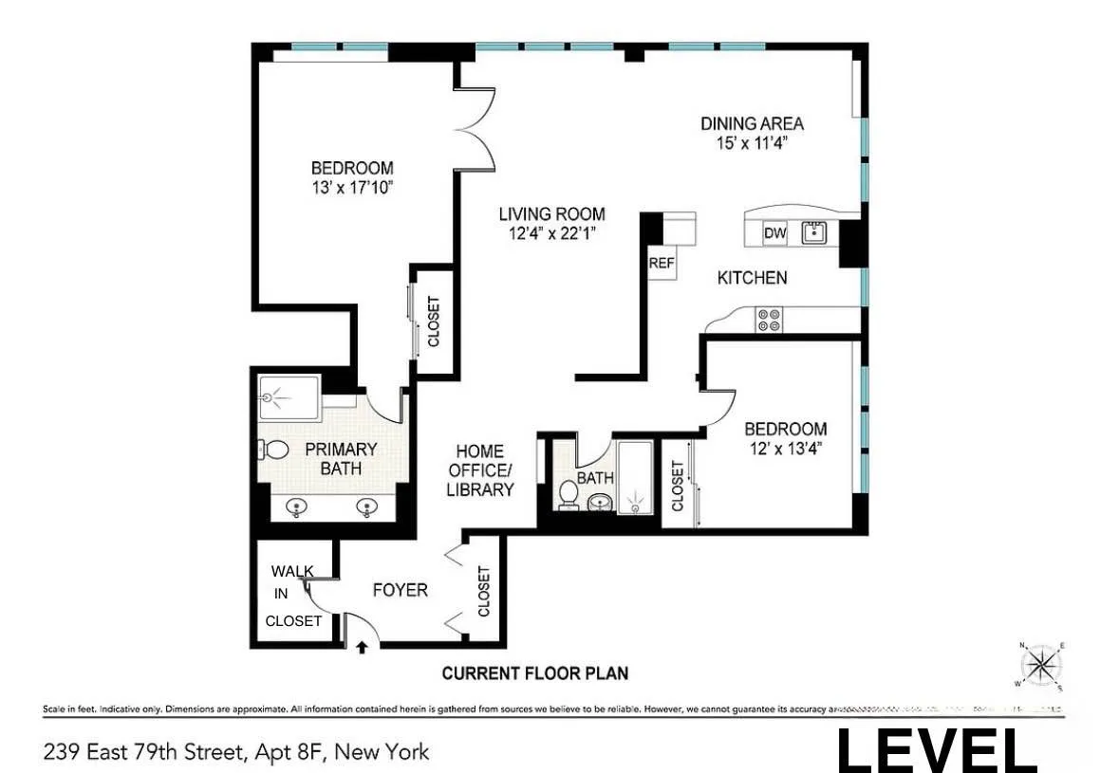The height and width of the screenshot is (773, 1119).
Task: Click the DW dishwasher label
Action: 774,232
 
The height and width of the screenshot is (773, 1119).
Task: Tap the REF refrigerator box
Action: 661,264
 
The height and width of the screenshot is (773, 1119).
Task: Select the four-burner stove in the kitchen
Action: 768,320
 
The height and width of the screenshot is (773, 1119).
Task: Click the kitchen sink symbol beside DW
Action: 813,231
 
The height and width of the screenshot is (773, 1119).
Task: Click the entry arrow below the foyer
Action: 362,649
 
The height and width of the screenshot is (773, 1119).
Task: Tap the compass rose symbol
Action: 1042,664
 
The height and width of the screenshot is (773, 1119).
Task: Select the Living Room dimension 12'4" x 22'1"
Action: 551,232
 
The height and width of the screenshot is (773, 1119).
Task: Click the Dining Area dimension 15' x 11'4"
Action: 752,143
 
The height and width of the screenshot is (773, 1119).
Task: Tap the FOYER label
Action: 400,590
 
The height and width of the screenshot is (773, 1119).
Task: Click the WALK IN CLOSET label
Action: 293,596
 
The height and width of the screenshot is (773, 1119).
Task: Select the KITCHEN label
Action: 752,278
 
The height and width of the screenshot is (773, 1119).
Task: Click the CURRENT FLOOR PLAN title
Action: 535,673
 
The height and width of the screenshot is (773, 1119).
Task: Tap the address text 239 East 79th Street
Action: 235,752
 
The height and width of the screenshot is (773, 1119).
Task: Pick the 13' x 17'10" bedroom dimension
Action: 352,188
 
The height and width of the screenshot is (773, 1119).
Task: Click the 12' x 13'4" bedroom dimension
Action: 784,447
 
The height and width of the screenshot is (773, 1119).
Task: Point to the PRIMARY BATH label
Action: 341,458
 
